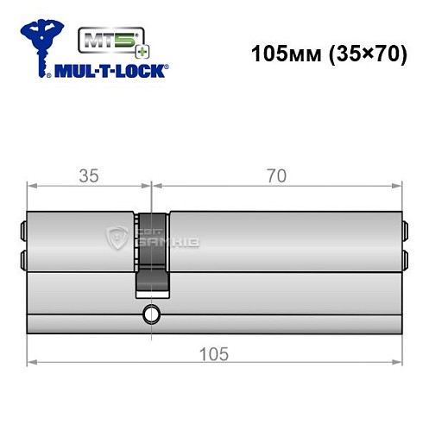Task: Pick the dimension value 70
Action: [x=275, y=176]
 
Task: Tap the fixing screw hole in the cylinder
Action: [x=152, y=314]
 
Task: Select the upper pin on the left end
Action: [x=23, y=231]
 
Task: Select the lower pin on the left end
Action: [x=23, y=257]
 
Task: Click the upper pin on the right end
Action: [x=403, y=231]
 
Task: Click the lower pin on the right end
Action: [x=403, y=257]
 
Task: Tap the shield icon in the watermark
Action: [x=116, y=238]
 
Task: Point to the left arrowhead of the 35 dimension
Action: [x=31, y=185]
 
